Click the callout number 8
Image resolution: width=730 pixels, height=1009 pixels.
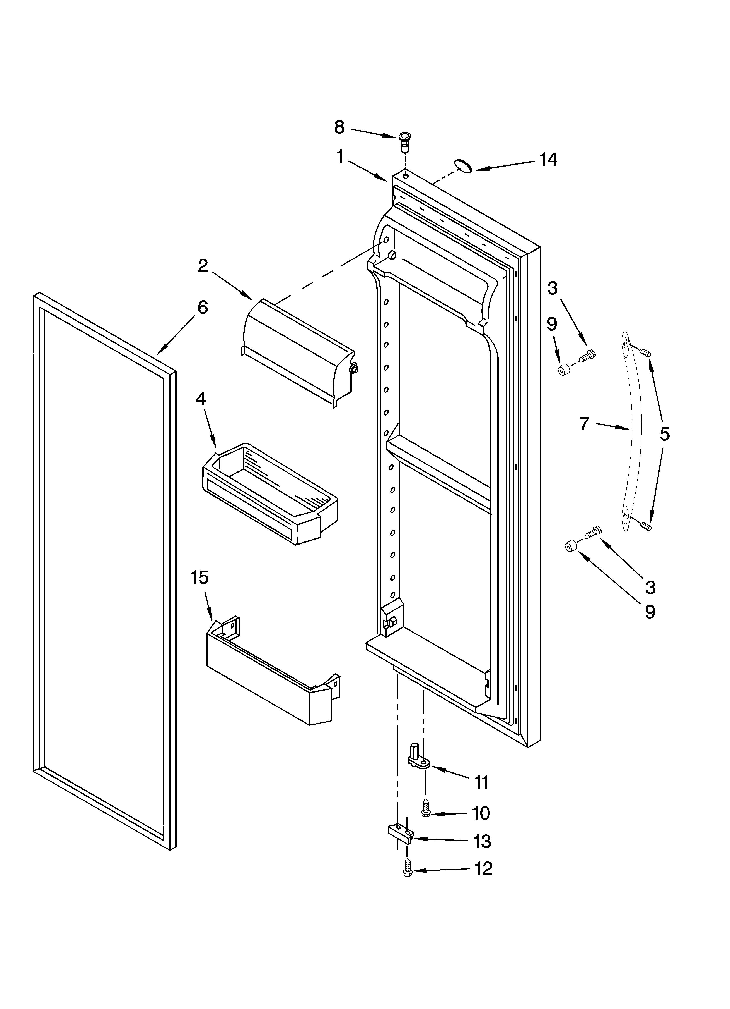[339, 128]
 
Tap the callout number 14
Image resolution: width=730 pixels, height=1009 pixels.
[548, 159]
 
